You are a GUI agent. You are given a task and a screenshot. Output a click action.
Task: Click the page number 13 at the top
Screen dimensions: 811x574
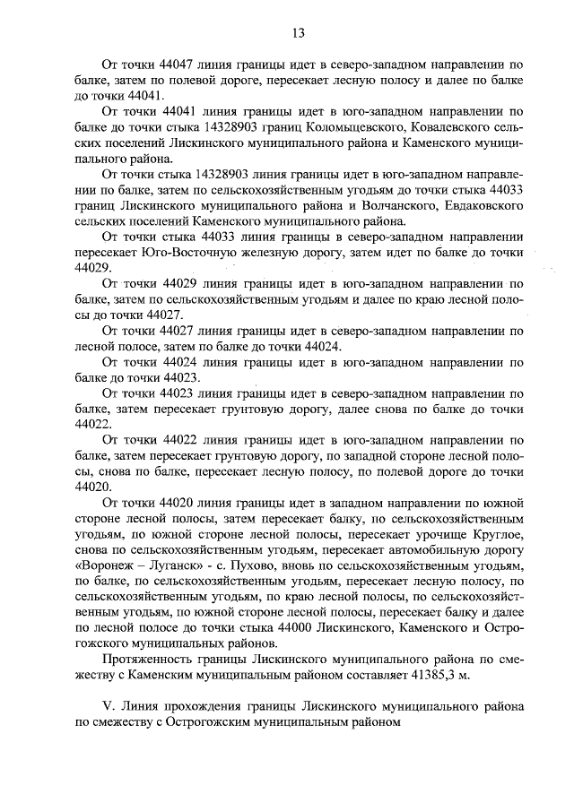coord(299,33)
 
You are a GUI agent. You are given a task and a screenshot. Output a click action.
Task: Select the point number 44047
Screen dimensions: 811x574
coord(183,65)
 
